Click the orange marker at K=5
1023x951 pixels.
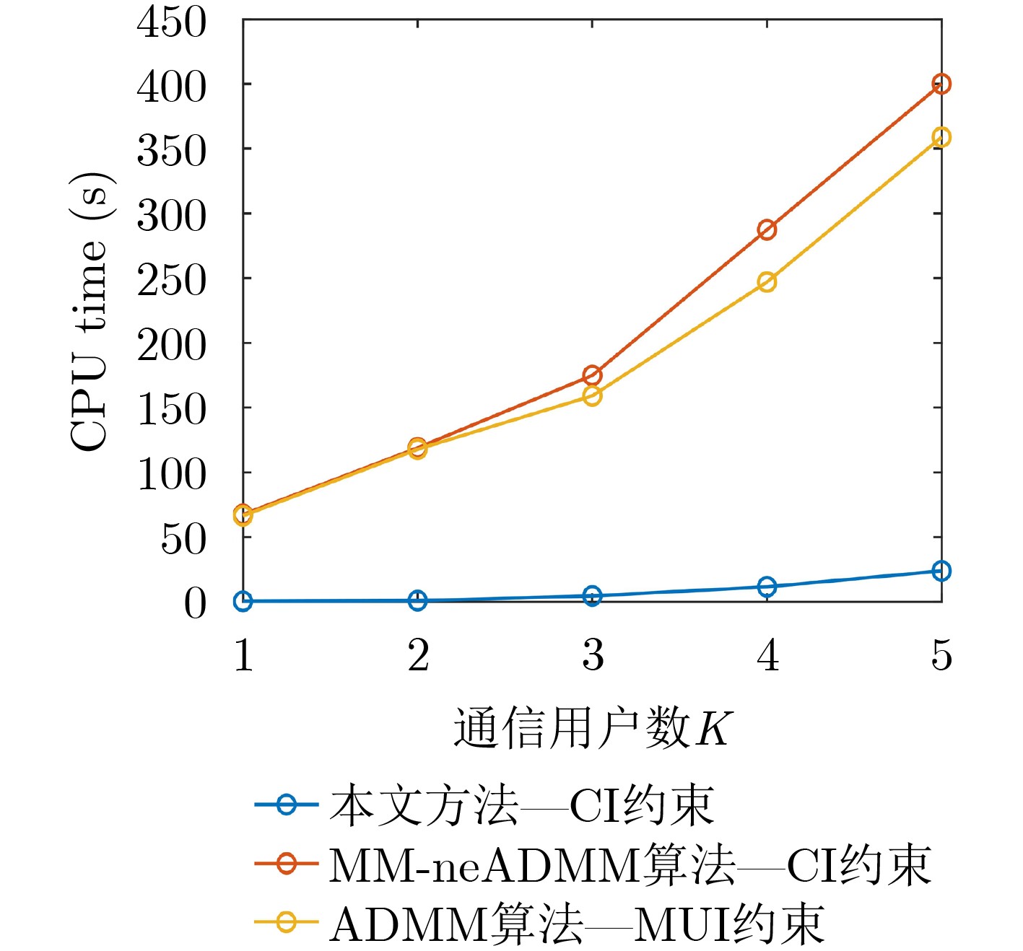coord(941,84)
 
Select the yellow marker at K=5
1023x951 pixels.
coord(941,137)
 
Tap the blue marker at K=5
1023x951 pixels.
coord(941,571)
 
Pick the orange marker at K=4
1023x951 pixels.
coord(767,229)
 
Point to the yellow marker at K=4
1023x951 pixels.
coord(767,281)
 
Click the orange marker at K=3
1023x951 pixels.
coord(592,375)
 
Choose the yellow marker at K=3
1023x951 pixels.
coord(592,395)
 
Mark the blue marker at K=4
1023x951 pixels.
coord(767,587)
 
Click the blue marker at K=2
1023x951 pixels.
coord(417,600)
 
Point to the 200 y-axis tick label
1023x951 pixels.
coord(172,345)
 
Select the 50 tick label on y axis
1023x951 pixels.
coord(183,538)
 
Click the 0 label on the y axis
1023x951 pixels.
coord(195,603)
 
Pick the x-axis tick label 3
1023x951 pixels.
coord(593,655)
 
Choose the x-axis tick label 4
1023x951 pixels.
coord(767,655)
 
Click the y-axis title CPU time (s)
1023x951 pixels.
coord(91,312)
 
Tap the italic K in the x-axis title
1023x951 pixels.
coord(714,729)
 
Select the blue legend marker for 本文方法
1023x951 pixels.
coord(287,804)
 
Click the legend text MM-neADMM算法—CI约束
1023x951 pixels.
coord(630,864)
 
